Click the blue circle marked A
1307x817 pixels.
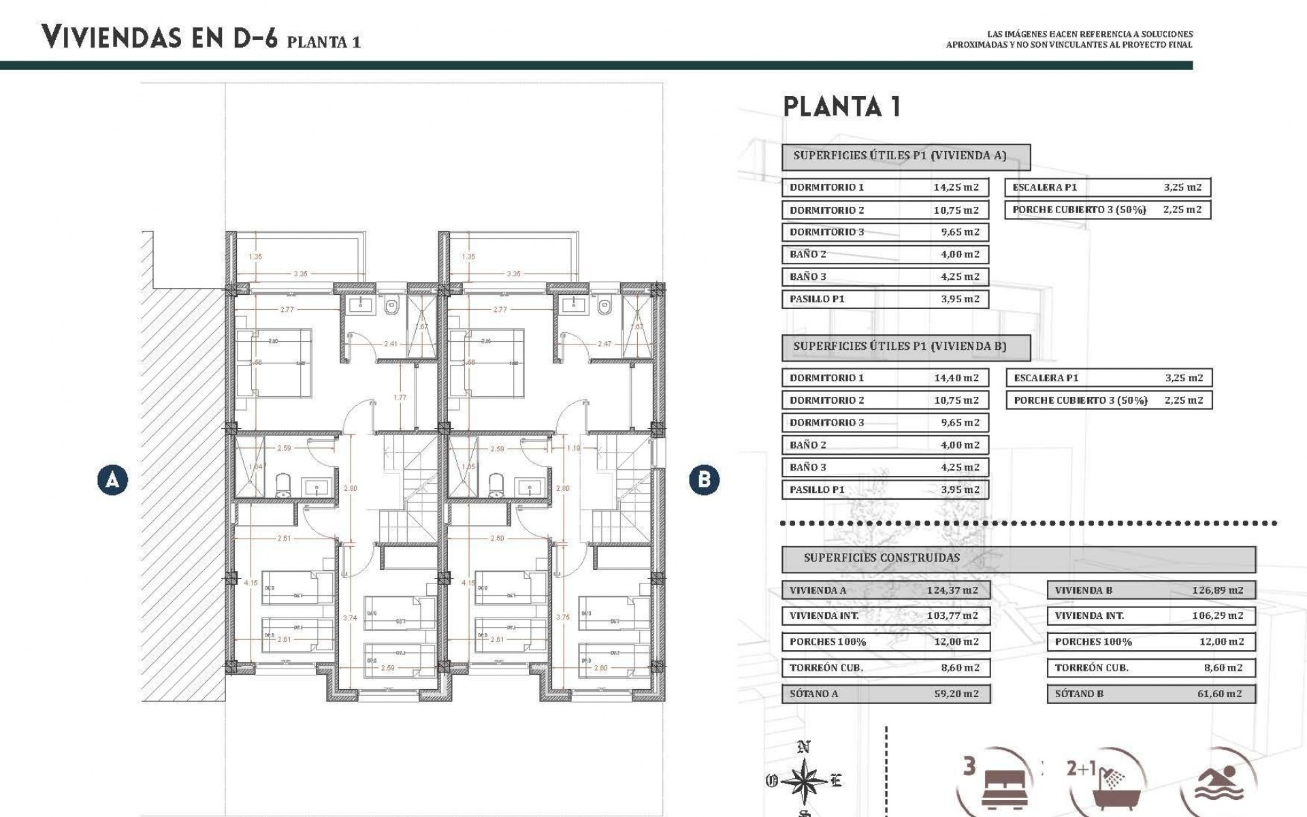(112, 479)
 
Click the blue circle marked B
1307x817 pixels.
(704, 479)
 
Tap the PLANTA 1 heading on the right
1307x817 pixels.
(842, 107)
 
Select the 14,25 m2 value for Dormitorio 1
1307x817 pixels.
(956, 187)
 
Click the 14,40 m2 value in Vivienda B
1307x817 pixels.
(956, 378)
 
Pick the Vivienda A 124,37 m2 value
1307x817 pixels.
(952, 590)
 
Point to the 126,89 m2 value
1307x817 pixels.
(1217, 590)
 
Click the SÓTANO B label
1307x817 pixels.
(1079, 694)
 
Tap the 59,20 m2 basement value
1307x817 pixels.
(956, 694)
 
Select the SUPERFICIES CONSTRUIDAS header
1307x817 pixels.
(882, 558)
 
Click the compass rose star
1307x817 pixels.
(804, 781)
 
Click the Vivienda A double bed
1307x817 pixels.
(274, 363)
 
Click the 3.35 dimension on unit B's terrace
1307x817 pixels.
(513, 274)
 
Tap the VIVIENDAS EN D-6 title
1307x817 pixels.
(159, 37)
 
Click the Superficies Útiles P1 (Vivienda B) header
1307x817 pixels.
(899, 347)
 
